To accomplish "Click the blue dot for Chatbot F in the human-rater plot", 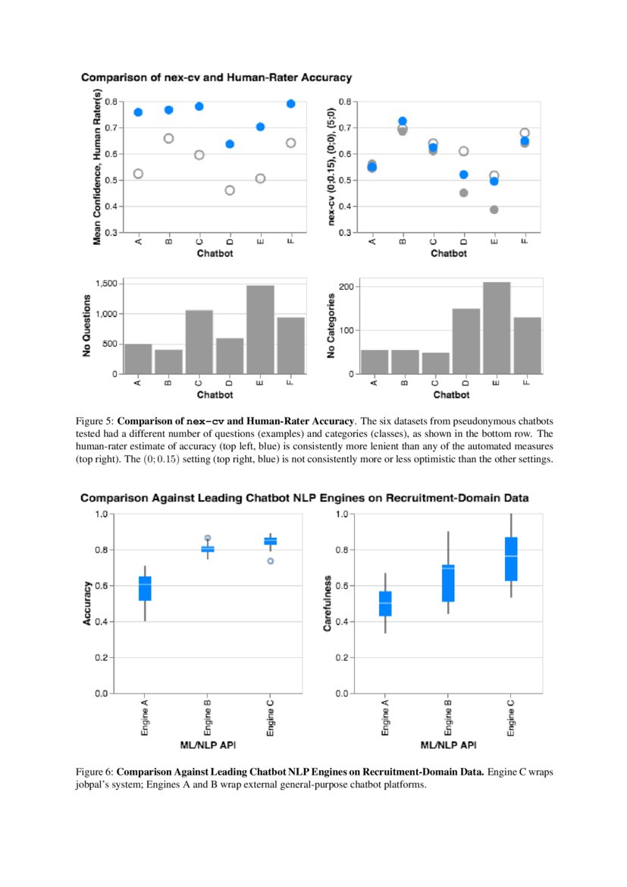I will point(290,104).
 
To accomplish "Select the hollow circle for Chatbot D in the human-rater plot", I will point(230,190).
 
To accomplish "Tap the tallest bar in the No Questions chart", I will point(260,329).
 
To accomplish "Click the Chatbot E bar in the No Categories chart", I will point(497,328).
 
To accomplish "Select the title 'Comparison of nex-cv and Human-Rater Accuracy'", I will point(216,77).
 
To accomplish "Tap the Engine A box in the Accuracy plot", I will point(145,589).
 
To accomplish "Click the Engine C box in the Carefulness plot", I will point(511,559).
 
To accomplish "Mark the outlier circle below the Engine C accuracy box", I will point(271,561).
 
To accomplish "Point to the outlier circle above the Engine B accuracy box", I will point(208,538).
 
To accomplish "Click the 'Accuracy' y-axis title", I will point(87,603).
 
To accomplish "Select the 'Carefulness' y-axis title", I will point(327,603).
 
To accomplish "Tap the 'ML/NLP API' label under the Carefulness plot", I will point(448,745).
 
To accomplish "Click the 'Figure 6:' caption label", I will point(94,772).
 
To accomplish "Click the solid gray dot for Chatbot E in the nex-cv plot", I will point(494,209).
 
